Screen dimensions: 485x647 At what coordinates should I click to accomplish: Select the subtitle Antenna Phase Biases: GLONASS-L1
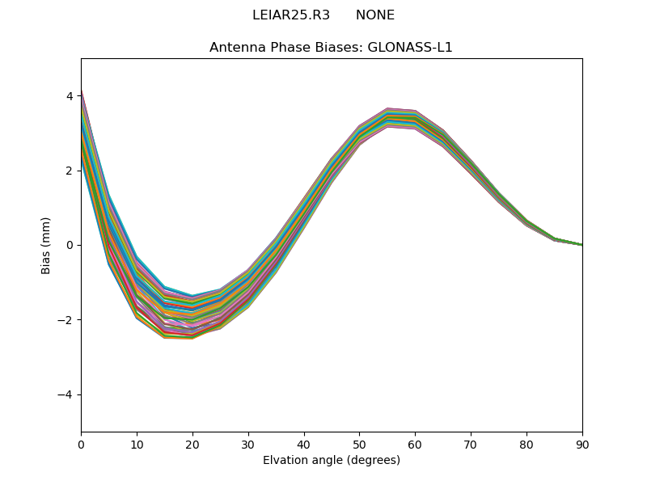point(331,47)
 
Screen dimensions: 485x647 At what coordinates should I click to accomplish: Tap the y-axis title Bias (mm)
point(46,245)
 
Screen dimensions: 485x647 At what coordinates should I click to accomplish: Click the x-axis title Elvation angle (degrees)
point(331,461)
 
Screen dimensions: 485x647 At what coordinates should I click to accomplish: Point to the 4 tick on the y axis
point(70,96)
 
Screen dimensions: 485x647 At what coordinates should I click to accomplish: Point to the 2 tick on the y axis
point(70,171)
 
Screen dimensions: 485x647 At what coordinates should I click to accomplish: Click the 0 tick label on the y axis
point(70,245)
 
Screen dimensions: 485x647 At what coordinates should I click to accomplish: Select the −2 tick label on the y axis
point(66,320)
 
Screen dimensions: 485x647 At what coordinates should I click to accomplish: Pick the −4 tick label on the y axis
point(66,394)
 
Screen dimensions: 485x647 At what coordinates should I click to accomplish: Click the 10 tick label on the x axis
point(137,444)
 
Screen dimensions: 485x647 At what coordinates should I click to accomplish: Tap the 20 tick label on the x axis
point(192,444)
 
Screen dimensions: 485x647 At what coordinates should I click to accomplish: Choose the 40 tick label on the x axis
point(304,444)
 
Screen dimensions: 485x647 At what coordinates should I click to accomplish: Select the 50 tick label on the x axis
point(359,444)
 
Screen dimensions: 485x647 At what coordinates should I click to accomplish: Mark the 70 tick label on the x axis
point(471,444)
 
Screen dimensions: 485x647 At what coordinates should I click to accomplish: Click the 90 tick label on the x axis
point(582,444)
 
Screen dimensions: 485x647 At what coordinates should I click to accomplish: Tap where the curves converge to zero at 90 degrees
point(581,244)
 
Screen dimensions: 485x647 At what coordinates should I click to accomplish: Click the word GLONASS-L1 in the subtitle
point(410,47)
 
